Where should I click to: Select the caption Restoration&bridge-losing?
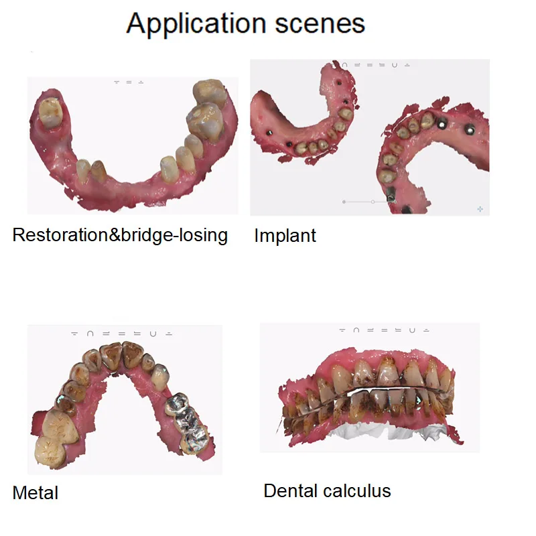point(121,235)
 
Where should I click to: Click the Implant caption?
point(285,236)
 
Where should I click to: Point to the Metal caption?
point(36,493)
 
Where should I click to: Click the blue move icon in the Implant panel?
point(480,209)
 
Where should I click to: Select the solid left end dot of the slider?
point(344,201)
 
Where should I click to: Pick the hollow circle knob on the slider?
point(373,201)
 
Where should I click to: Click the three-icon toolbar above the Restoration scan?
point(129,82)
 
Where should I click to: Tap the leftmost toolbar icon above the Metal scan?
point(74,333)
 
